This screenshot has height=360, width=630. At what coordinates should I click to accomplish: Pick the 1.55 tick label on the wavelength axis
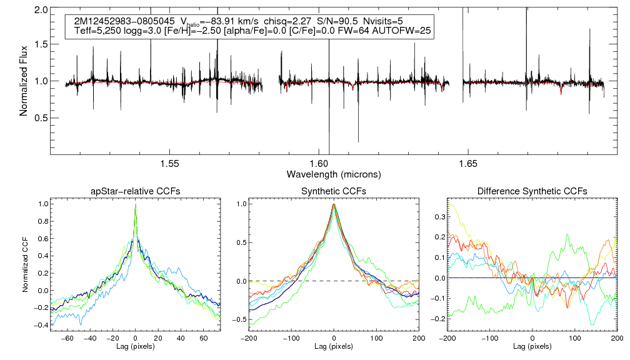click(x=170, y=163)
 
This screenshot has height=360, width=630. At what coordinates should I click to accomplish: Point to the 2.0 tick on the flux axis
click(x=42, y=11)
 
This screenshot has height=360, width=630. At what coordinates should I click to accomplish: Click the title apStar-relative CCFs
click(x=135, y=191)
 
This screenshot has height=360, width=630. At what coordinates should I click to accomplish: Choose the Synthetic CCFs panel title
click(x=334, y=191)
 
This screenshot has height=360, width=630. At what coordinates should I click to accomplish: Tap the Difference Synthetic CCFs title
click(x=532, y=191)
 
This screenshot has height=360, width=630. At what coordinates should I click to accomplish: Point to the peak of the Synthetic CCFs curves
click(x=334, y=204)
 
